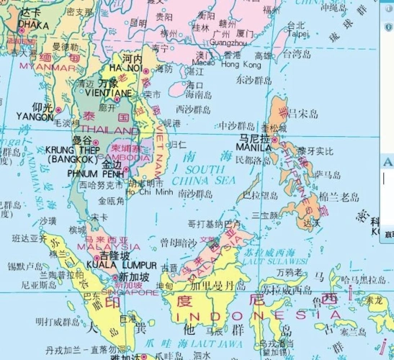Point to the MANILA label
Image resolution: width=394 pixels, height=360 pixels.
[x=254, y=148]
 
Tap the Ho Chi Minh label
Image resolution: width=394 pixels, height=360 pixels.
[x=150, y=192]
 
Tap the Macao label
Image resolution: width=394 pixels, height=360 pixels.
[x=203, y=63]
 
